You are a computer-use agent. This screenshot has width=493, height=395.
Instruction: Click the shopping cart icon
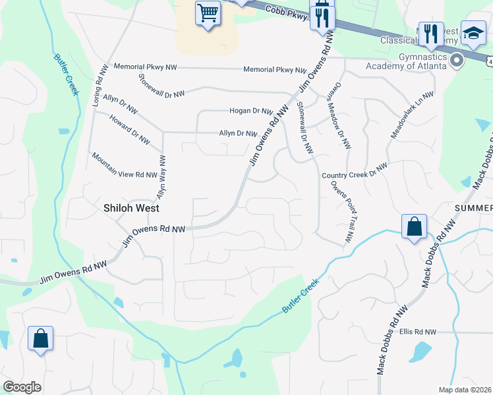click(x=208, y=13)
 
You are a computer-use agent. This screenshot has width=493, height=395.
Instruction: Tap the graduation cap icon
click(x=473, y=34)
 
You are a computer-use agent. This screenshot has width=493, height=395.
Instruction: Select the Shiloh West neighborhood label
click(x=131, y=207)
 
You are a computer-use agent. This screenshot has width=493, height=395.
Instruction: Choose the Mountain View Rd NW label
click(x=125, y=165)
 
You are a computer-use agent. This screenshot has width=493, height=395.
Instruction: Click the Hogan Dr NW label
click(x=251, y=111)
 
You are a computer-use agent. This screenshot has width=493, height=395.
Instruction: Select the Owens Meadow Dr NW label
click(x=339, y=116)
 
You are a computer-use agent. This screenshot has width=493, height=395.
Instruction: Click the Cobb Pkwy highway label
click(x=288, y=13)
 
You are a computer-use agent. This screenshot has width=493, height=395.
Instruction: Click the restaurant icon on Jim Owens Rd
click(x=322, y=17)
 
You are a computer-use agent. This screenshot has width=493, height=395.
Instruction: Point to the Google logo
click(x=22, y=387)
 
